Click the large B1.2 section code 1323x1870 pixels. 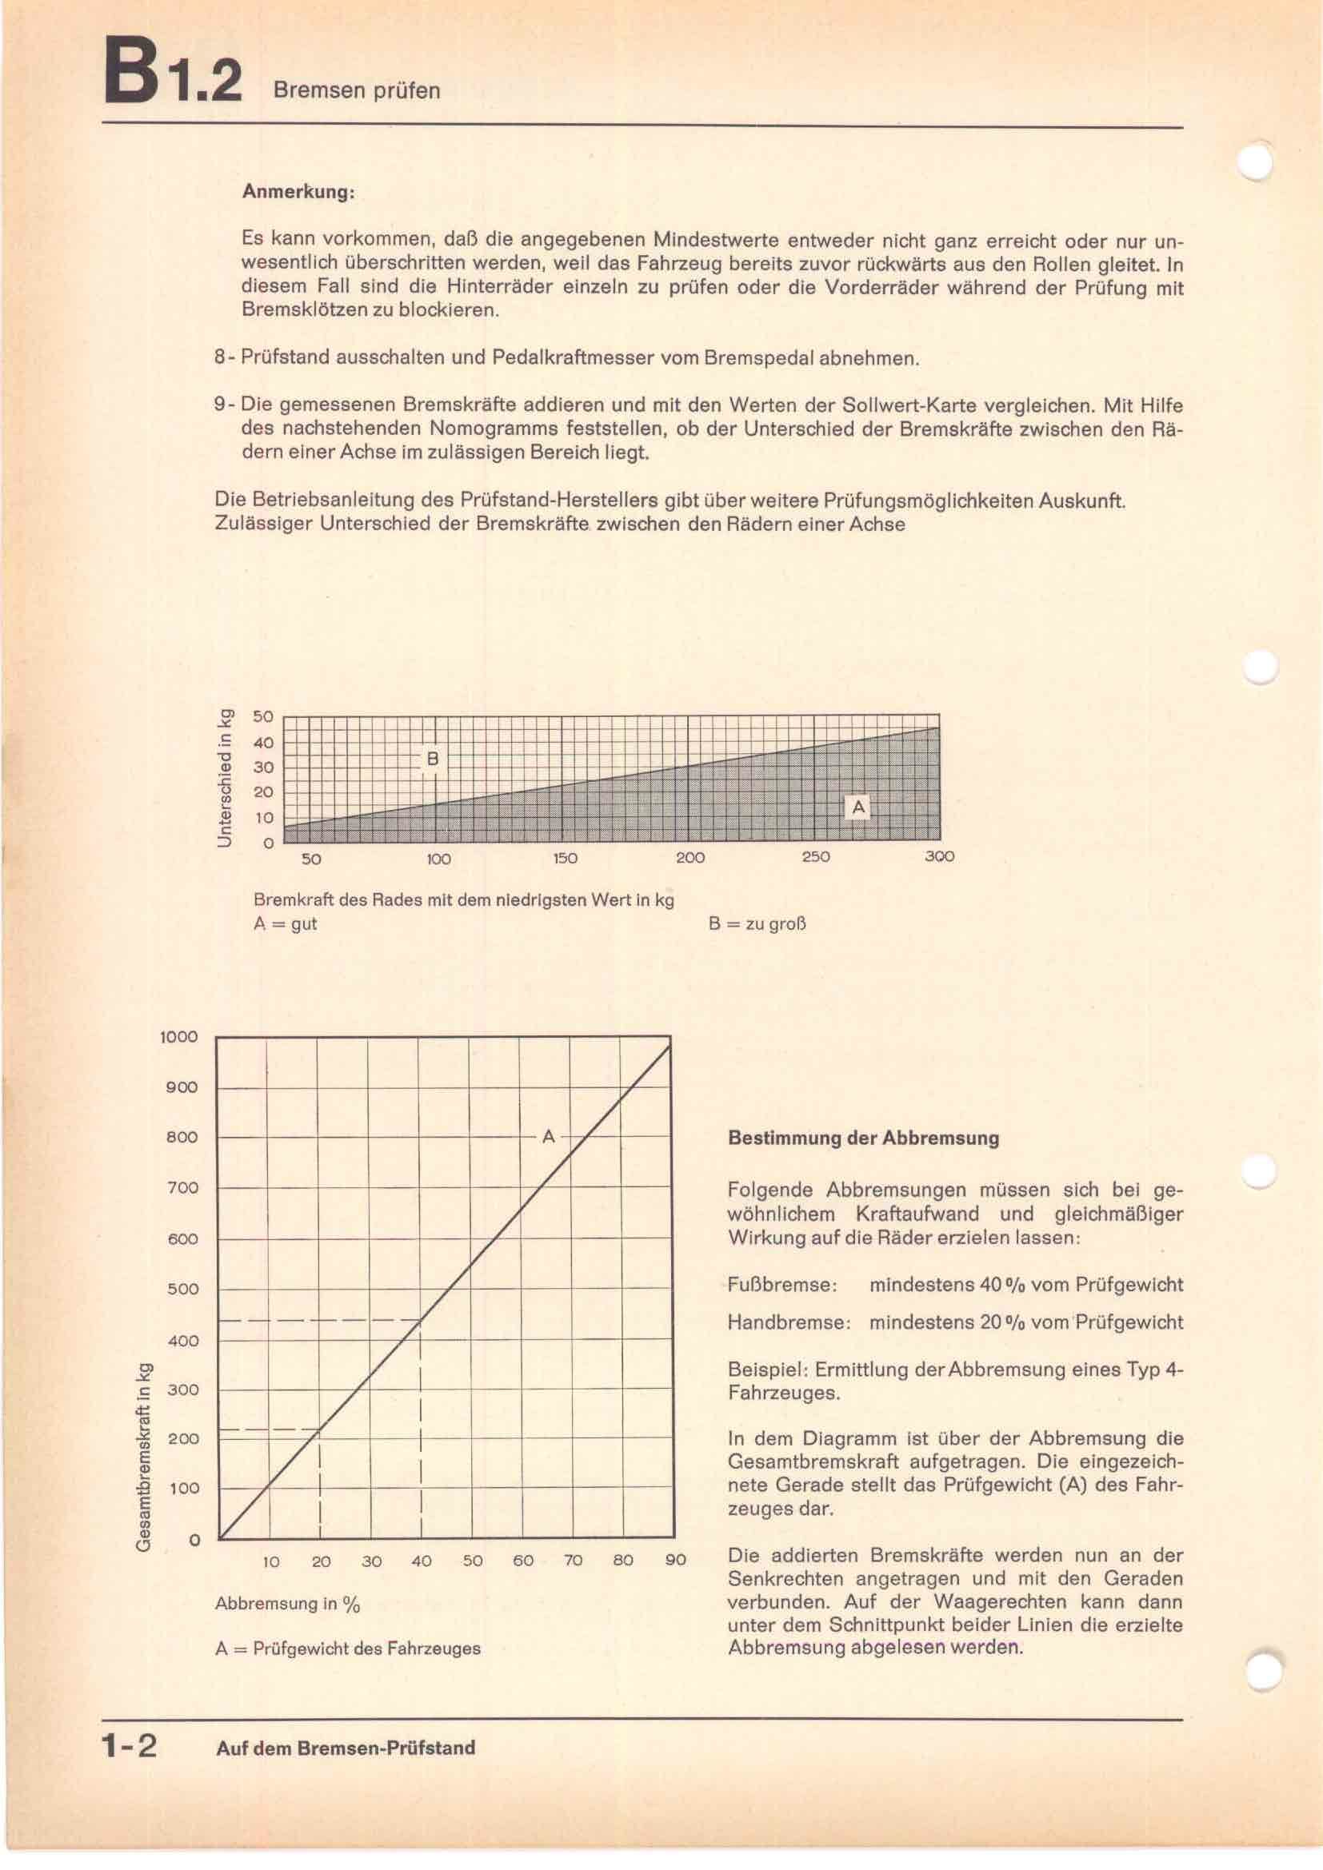tap(173, 78)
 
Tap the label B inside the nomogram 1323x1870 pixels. tap(433, 759)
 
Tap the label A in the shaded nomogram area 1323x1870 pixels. tap(857, 807)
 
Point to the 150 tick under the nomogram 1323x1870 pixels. tap(565, 858)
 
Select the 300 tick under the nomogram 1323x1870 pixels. tap(939, 857)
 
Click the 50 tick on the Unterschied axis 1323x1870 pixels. tap(263, 716)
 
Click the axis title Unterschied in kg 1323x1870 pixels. tap(226, 778)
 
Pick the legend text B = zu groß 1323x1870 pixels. tap(757, 924)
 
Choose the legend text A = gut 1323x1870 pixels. tap(285, 923)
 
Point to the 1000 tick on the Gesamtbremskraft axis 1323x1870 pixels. tap(179, 1037)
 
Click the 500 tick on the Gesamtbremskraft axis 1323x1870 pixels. tap(182, 1289)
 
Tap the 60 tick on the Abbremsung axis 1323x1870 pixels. tap(523, 1561)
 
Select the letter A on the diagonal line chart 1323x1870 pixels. tap(548, 1136)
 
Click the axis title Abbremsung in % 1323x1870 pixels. tap(287, 1604)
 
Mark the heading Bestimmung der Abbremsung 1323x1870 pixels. tap(864, 1138)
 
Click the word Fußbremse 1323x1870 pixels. tap(782, 1286)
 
